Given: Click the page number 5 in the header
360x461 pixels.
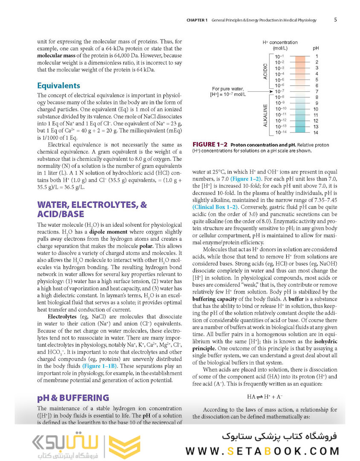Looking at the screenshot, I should click(x=335, y=20).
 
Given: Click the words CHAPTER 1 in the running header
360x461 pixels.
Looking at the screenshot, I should click(x=197, y=20).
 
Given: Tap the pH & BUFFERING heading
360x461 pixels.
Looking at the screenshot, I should click(x=73, y=398).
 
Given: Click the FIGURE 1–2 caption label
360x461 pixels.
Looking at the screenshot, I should click(x=210, y=145).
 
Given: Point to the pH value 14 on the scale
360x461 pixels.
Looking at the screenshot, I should click(x=316, y=133).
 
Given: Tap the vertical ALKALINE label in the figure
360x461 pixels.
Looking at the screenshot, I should click(x=265, y=115).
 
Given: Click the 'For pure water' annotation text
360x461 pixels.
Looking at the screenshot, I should click(x=227, y=89).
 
